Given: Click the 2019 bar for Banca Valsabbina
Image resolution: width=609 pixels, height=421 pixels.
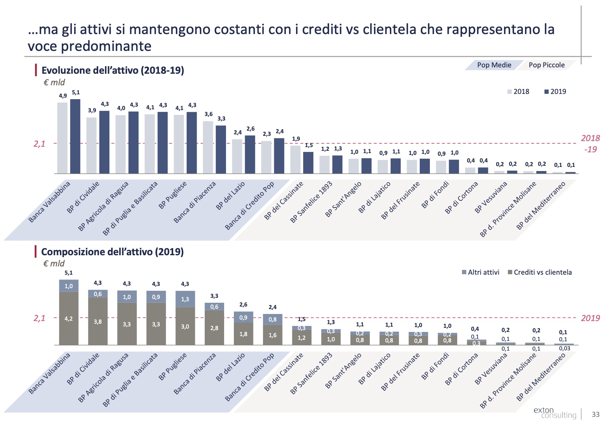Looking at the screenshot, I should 75,136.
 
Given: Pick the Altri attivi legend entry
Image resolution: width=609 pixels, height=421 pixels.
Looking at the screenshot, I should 480,272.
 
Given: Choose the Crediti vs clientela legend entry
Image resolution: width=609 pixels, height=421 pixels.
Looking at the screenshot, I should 540,272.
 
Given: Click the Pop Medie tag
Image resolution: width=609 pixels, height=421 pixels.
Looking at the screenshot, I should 494,65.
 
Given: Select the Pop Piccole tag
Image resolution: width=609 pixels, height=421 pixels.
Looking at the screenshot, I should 546,65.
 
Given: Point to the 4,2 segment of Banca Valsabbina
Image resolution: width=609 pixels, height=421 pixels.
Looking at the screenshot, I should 69,318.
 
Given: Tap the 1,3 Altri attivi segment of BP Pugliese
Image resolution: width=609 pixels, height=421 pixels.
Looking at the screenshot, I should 185,299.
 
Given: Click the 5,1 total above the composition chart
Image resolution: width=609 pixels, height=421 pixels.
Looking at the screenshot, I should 69,273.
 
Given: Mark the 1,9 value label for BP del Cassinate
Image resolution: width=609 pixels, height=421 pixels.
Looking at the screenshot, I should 296,139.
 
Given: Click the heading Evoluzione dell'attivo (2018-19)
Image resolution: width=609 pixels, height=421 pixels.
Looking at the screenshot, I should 112,70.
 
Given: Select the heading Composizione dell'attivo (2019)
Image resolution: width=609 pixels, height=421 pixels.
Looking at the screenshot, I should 112,252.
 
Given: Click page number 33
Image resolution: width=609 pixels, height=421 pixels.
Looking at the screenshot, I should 596,414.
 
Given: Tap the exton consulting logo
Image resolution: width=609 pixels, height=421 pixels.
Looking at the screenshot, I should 555,412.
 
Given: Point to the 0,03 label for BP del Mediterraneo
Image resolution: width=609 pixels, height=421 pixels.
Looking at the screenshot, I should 564,348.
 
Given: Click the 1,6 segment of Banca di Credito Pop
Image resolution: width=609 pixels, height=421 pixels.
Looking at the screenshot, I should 272,335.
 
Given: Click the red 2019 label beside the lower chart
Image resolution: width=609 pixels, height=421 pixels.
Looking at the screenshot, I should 590,318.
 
